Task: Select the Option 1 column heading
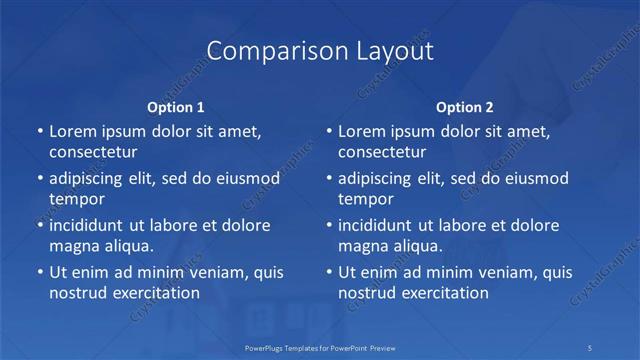click(x=176, y=107)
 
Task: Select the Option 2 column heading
click(x=465, y=107)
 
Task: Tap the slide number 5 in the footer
click(x=592, y=347)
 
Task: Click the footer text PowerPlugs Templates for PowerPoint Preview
click(x=319, y=347)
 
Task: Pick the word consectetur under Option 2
click(x=382, y=152)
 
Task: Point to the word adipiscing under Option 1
click(x=88, y=178)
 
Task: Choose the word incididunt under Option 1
click(x=90, y=225)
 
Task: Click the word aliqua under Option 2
click(x=415, y=246)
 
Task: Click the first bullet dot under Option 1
click(x=40, y=131)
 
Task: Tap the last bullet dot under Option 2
click(x=329, y=272)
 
